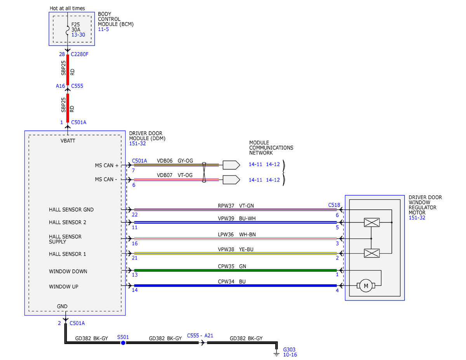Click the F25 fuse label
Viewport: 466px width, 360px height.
click(75, 24)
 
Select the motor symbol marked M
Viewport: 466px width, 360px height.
click(366, 285)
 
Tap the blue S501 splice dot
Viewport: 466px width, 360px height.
click(123, 343)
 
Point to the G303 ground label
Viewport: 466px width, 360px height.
click(289, 350)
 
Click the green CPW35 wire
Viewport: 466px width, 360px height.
click(235, 270)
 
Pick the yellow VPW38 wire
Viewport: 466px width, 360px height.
click(235, 254)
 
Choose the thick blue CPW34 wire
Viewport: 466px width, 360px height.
click(235, 285)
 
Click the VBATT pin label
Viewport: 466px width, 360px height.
click(68, 141)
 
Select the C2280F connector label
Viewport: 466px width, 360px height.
click(79, 54)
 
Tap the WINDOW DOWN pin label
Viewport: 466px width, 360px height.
click(68, 271)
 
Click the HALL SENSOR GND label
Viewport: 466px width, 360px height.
click(71, 209)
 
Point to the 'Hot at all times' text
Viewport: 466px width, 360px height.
click(67, 9)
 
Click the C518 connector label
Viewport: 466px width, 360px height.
click(334, 205)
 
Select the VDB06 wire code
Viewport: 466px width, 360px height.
click(165, 161)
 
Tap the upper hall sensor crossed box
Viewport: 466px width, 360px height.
click(372, 223)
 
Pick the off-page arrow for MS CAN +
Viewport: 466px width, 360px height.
click(231, 165)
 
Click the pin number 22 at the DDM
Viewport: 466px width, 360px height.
click(135, 215)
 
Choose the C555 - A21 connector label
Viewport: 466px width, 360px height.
click(200, 336)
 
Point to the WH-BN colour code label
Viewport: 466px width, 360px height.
click(247, 235)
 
